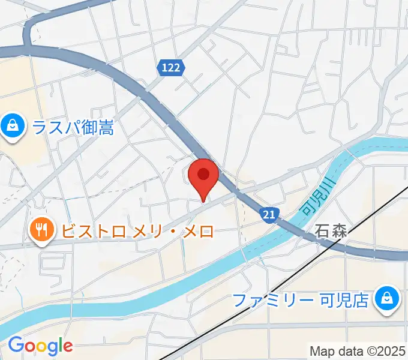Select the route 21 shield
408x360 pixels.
[269, 214]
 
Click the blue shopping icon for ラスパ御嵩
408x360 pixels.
[11, 127]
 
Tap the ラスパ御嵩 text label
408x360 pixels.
[73, 127]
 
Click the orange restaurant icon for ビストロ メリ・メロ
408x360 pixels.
[41, 230]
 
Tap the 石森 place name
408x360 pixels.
[331, 232]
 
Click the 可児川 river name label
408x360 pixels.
[316, 200]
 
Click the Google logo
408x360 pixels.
[40, 346]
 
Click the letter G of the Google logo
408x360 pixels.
[16, 345]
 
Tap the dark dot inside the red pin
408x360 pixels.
[203, 174]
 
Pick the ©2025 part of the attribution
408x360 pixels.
[383, 350]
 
